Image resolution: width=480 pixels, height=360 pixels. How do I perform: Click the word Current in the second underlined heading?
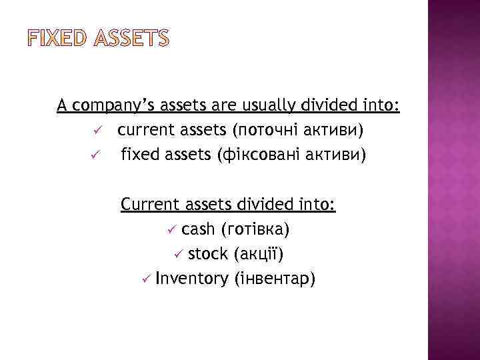click(149, 203)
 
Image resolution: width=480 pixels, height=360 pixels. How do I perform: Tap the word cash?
click(198, 229)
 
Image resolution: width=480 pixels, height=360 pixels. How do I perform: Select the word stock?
click(207, 254)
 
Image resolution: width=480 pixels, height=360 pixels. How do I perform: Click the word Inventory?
click(191, 279)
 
